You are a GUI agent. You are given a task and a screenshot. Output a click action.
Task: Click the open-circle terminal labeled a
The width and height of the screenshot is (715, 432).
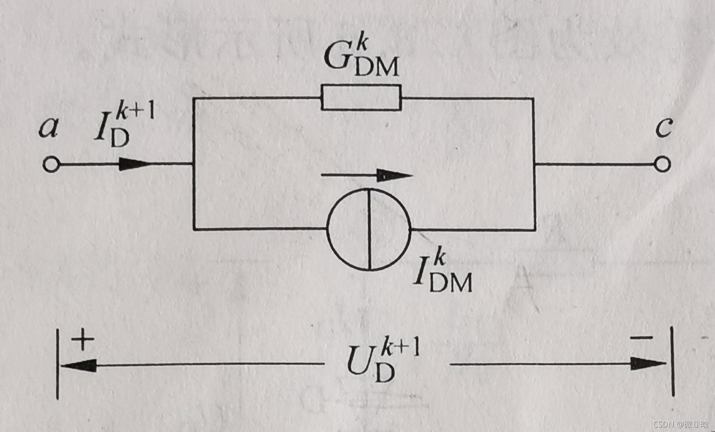(51, 164)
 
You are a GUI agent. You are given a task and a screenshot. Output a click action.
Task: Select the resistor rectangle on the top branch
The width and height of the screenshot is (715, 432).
(361, 98)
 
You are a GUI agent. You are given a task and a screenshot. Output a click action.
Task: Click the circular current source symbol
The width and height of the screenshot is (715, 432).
(369, 229)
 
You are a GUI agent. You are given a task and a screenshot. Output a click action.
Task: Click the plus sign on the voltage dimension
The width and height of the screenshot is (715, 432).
(83, 339)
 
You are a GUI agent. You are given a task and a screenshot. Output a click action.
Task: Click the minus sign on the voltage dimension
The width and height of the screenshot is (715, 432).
(641, 338)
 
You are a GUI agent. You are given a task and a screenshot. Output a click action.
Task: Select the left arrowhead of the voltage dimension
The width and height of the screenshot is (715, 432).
(78, 366)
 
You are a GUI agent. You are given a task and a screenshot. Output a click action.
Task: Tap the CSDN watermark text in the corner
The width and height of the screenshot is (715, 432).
(681, 424)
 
